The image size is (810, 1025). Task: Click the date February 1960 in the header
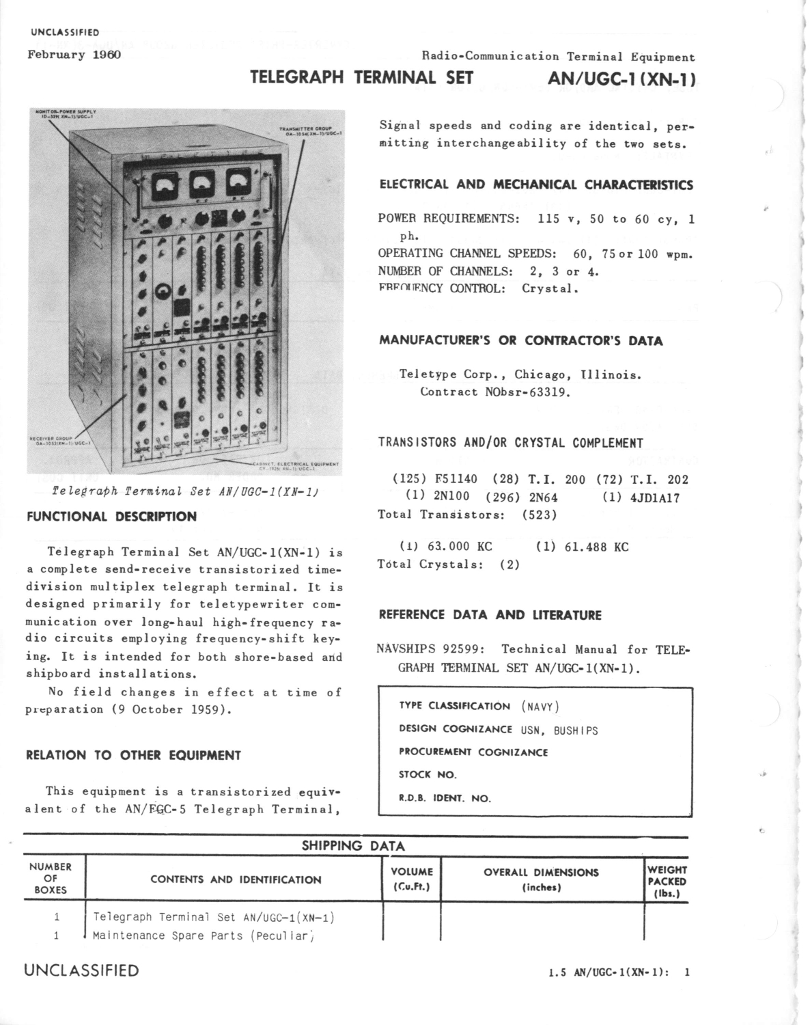[x=74, y=55]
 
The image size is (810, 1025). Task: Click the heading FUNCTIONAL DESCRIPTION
[x=111, y=517]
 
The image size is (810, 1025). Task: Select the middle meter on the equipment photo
[x=202, y=183]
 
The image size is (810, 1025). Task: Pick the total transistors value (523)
[x=540, y=515]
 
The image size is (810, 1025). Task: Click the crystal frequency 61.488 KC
[x=591, y=547]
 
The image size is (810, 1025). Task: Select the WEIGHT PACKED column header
[x=667, y=881]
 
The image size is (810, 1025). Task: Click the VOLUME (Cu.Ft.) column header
[x=412, y=879]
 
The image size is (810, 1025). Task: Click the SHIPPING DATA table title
[x=353, y=846]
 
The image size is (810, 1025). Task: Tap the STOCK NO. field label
[x=428, y=775]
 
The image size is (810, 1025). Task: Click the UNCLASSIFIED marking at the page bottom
[x=81, y=971]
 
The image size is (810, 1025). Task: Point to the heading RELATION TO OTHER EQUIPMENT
[x=133, y=756]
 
